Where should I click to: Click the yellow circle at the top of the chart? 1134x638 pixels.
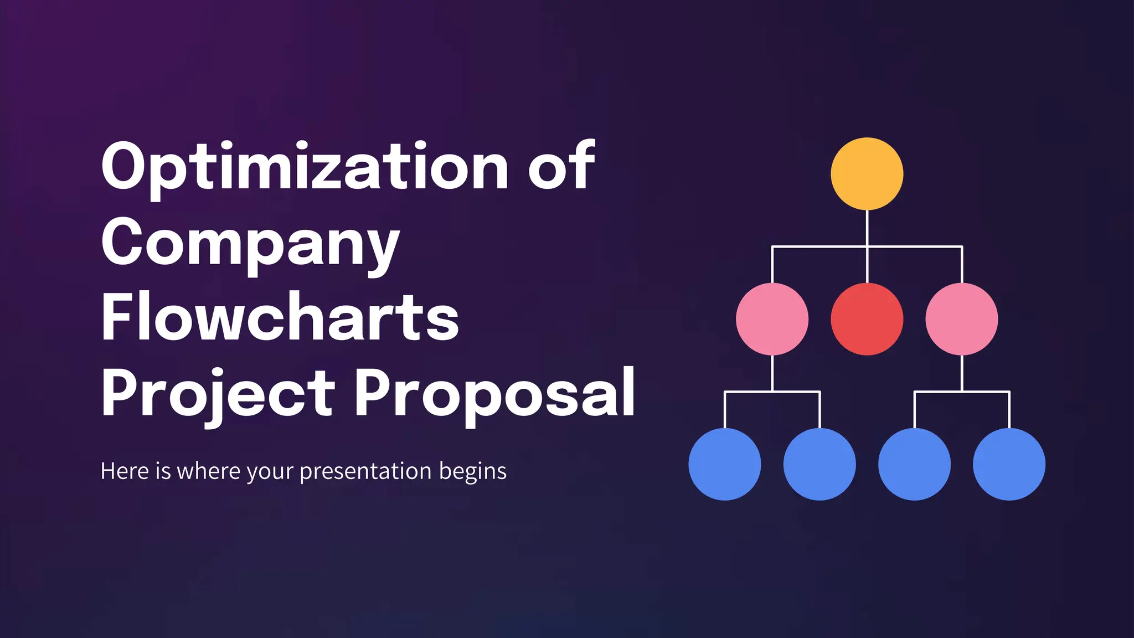[x=867, y=173]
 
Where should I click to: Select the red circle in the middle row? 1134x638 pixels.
[x=867, y=319]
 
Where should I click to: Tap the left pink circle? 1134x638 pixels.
[x=772, y=319]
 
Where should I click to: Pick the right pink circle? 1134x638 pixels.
[x=962, y=319]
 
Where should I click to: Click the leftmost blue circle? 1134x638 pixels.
[x=725, y=464]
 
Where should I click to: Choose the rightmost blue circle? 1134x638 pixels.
[x=1009, y=464]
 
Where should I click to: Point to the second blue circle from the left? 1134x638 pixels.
[x=819, y=464]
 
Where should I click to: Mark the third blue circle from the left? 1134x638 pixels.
[x=914, y=464]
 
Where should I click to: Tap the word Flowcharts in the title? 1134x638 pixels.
[x=280, y=317]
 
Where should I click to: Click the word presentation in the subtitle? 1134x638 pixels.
[x=365, y=472]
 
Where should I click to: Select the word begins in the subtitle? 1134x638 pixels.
[x=473, y=472]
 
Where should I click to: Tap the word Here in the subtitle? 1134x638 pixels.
[x=125, y=471]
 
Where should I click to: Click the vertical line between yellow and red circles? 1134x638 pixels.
[x=867, y=246]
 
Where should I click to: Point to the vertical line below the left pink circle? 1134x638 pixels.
[x=772, y=373]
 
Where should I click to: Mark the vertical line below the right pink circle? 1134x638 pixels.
[x=962, y=373]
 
